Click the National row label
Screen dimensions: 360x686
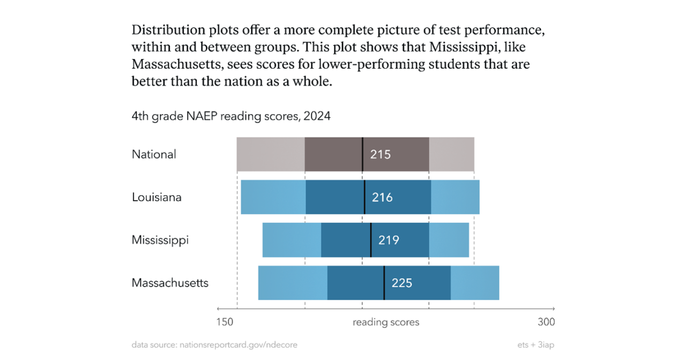[154, 154]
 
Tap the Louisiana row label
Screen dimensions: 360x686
[156, 197]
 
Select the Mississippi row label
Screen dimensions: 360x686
[160, 240]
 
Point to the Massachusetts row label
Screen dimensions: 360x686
[170, 283]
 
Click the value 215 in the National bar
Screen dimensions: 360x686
[381, 154]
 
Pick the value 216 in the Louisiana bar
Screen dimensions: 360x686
[382, 197]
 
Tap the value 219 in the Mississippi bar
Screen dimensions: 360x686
[389, 240]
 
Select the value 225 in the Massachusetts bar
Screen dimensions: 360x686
[402, 283]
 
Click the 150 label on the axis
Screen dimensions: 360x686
[225, 322]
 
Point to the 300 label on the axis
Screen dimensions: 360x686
[546, 322]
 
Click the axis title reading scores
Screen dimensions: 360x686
[386, 322]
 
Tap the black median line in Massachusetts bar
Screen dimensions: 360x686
[384, 283]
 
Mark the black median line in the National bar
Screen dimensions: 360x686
[362, 154]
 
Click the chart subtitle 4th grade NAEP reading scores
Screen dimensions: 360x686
[231, 116]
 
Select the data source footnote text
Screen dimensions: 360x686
[214, 345]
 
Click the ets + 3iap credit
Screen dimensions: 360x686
[535, 345]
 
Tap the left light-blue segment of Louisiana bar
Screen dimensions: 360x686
[273, 197]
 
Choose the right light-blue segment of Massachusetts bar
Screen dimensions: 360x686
[475, 283]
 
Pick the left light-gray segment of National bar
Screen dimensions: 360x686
[271, 154]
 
